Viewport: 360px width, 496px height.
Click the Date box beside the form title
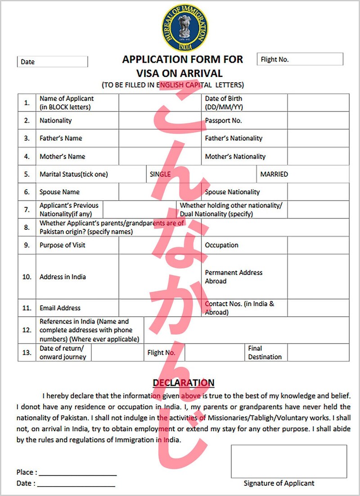tap(52, 62)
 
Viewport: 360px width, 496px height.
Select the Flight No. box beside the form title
tap(300, 59)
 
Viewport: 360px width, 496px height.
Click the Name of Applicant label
tap(67, 103)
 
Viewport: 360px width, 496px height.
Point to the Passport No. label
tap(223, 121)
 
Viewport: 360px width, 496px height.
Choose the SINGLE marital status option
tap(160, 174)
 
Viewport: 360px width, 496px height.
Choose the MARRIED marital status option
tap(274, 174)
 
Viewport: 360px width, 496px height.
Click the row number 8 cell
tap(27, 228)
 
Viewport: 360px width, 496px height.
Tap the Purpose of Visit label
tap(62, 245)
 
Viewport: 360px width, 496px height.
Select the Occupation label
tap(221, 245)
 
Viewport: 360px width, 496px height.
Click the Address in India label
tap(63, 277)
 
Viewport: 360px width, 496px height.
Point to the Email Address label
tap(60, 308)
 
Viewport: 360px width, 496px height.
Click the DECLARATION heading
tap(184, 383)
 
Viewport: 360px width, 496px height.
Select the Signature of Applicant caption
tap(279, 483)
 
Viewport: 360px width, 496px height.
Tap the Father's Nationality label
tap(234, 138)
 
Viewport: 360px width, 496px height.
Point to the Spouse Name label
tap(59, 192)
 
